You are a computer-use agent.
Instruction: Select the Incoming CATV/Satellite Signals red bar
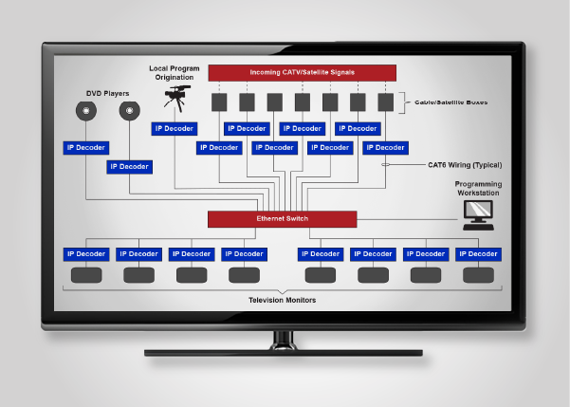coord(302,72)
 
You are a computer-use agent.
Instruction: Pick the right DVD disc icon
coord(130,112)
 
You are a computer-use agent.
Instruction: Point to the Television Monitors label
coord(282,300)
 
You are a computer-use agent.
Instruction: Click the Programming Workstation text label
coord(477,188)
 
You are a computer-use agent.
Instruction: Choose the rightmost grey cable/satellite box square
coord(385,102)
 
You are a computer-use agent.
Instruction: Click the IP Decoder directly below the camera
coord(174,128)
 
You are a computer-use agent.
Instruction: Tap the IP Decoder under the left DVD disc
coord(86,148)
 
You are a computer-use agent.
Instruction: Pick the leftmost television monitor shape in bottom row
coord(86,275)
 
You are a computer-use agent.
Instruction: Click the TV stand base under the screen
coord(283,352)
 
